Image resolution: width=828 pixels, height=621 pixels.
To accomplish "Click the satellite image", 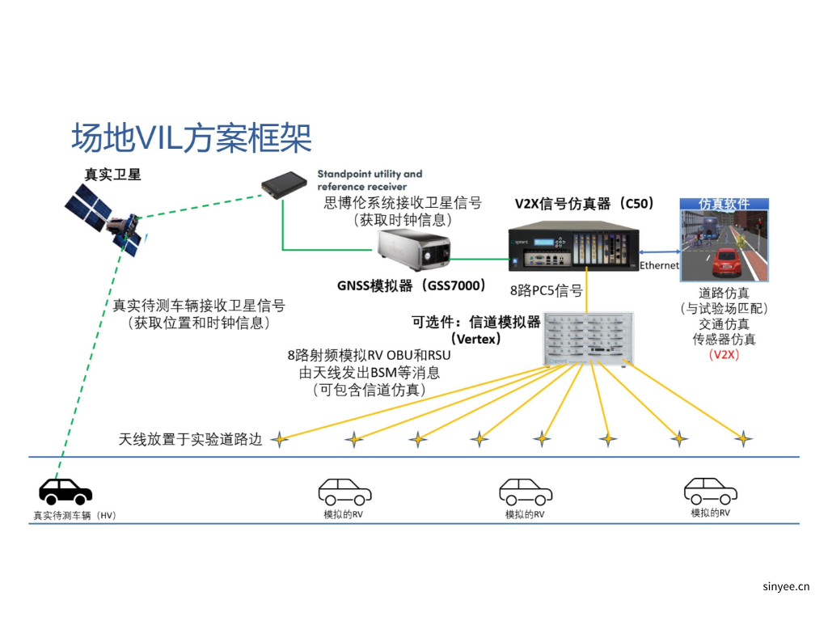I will pos(105,217).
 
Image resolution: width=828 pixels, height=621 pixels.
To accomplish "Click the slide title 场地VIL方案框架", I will pos(192,138).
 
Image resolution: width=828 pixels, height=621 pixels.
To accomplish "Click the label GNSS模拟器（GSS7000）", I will pos(412,285).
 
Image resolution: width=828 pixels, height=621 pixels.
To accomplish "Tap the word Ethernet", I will pos(659,266).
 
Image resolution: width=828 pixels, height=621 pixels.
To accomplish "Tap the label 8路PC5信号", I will pos(546,289).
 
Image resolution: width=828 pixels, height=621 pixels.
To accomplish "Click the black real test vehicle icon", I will pos(65,491).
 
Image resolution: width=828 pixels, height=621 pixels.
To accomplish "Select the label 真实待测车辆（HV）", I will pos(74,515).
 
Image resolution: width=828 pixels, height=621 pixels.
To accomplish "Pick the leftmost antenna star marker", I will pos(280,439).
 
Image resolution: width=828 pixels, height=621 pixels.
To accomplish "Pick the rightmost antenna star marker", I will pos(742,439).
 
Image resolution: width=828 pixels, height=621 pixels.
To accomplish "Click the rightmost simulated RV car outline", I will pos(710,490).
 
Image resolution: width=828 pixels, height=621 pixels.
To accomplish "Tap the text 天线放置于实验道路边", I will pos(191,439).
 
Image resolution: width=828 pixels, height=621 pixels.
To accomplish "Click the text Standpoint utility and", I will pos(370,174).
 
